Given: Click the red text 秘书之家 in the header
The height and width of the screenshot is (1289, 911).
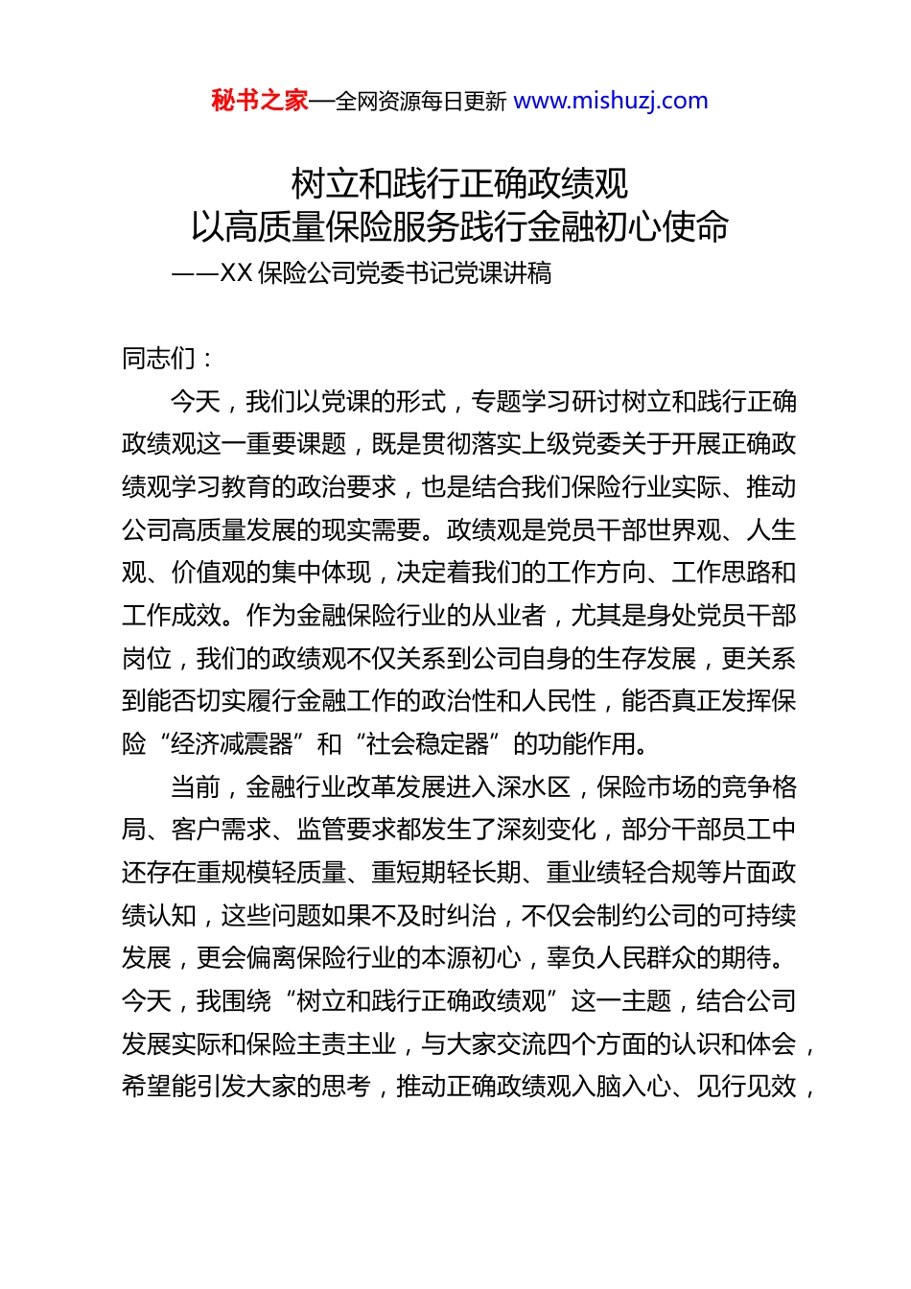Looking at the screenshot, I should point(260,101).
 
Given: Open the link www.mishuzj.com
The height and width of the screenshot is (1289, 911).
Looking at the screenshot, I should point(611,101).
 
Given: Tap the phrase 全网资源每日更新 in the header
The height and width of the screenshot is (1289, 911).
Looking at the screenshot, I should point(421,102).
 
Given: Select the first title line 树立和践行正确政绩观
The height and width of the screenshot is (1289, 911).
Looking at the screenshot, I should point(459,183).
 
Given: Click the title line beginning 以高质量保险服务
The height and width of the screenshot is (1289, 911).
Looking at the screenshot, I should point(459,227).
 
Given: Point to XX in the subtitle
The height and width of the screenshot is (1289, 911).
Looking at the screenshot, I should point(236,274).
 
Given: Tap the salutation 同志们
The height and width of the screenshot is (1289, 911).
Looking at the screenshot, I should point(159,359).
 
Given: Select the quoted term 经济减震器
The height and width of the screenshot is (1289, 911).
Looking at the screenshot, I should point(233,744).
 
